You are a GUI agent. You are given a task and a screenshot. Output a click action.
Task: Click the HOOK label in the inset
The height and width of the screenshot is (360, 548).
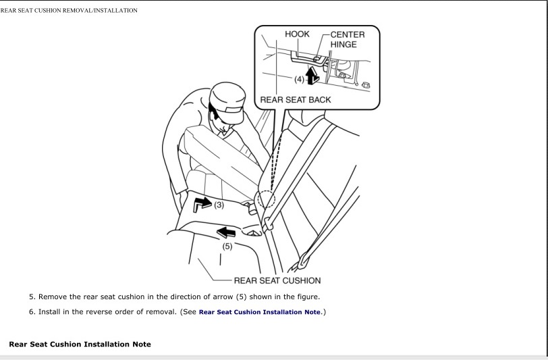(x=297, y=34)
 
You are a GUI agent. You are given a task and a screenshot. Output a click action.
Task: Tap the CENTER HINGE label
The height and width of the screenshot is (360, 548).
(x=348, y=40)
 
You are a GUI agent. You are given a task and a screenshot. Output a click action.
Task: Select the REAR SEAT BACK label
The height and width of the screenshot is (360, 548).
(x=296, y=100)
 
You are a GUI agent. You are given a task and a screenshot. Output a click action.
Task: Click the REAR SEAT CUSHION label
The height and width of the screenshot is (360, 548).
(x=277, y=280)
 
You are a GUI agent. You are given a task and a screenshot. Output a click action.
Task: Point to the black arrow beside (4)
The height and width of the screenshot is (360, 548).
(x=311, y=75)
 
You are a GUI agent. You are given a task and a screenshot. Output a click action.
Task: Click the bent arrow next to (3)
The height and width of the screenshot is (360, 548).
(x=202, y=203)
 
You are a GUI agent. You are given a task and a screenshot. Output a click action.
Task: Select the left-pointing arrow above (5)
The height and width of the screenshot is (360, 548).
(x=226, y=232)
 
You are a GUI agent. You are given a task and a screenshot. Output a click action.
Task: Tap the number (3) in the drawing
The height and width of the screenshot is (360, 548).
(x=219, y=205)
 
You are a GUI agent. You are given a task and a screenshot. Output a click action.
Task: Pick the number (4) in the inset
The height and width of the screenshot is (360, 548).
(x=299, y=80)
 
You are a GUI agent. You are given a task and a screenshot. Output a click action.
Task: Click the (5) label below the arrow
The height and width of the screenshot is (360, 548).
(x=227, y=247)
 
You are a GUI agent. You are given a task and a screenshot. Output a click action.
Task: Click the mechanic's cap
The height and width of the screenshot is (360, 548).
(x=227, y=101)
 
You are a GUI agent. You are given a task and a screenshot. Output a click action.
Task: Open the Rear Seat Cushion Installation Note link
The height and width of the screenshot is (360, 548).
(x=260, y=312)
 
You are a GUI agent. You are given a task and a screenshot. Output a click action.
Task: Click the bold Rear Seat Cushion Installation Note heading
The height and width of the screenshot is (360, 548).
(x=80, y=344)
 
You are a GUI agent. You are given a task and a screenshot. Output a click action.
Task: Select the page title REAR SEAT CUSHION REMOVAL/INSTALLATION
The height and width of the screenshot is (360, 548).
(x=69, y=11)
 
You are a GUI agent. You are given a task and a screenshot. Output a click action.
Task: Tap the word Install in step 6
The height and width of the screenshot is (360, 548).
(x=49, y=312)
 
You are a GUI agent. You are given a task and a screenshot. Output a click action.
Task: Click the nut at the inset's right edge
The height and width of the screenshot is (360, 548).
(x=366, y=85)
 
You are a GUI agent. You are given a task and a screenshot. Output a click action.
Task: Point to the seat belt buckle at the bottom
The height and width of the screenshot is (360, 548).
(x=304, y=261)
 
